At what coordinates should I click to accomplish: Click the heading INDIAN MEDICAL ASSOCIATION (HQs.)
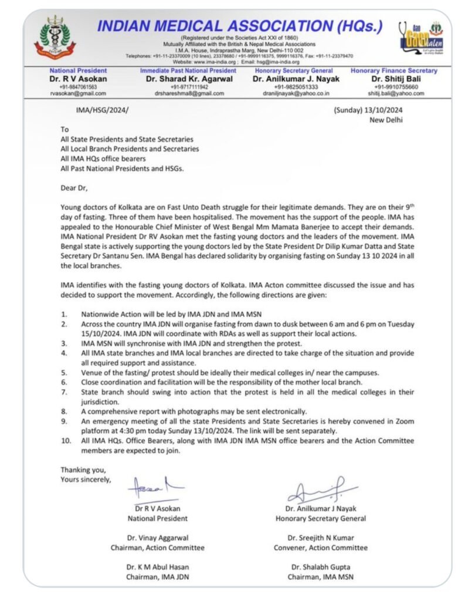(x=239, y=26)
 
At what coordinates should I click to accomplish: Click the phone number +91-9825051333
(x=293, y=86)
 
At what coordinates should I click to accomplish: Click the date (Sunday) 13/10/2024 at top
(x=367, y=110)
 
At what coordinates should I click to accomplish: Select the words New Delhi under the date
(x=385, y=120)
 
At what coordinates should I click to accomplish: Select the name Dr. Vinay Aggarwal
(x=158, y=538)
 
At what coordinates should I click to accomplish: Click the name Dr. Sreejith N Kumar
(x=320, y=538)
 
